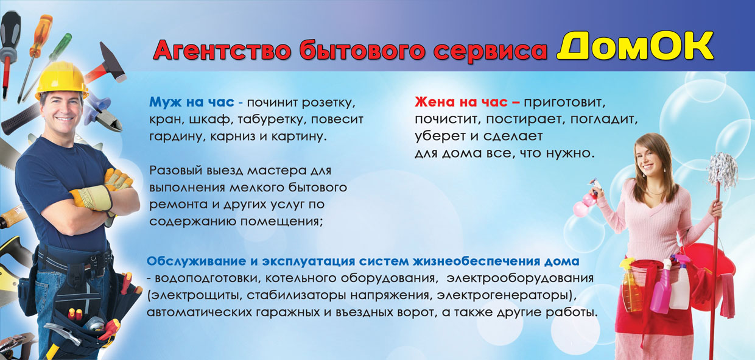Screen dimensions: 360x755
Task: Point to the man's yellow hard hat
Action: (61, 79)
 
